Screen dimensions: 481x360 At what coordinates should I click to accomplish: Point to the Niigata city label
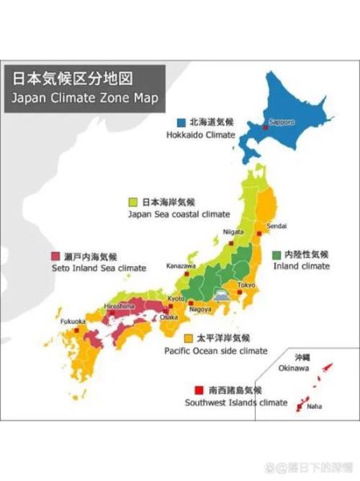point(233,232)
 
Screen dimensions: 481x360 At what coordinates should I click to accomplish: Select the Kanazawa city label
point(180,265)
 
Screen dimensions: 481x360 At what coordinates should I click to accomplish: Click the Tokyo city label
point(245,285)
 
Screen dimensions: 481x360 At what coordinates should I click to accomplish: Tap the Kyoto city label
point(176,298)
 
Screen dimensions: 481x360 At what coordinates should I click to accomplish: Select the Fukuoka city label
point(73,321)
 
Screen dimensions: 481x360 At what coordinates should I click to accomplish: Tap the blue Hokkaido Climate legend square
point(181,123)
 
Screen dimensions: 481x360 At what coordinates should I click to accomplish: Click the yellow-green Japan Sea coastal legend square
point(133,202)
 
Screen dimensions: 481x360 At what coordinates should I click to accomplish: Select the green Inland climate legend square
point(277,254)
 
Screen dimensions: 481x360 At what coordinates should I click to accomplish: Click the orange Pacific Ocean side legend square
point(189,338)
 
